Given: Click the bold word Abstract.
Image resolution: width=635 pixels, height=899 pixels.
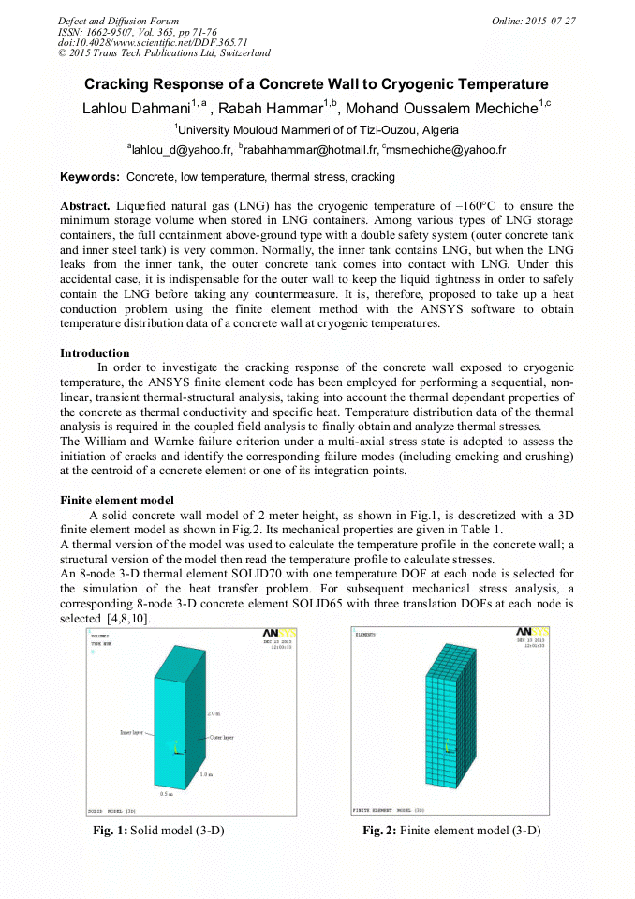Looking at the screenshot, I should [x=84, y=205].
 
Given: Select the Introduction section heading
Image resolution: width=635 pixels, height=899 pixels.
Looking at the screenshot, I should [x=95, y=353].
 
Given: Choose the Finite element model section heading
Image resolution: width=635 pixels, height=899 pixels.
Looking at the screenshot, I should [x=116, y=501].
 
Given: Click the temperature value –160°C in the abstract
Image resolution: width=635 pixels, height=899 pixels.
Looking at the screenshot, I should [x=469, y=205].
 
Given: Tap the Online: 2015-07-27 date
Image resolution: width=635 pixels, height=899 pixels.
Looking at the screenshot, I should [x=534, y=21].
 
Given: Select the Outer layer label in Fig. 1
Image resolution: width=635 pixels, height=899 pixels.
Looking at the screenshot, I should [x=222, y=738].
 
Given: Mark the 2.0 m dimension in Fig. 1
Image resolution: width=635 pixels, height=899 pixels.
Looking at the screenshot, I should [x=214, y=713].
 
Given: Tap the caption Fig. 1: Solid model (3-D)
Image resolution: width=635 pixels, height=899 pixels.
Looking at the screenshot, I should [x=158, y=831].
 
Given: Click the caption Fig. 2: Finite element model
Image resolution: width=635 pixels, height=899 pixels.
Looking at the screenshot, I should [x=451, y=831].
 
